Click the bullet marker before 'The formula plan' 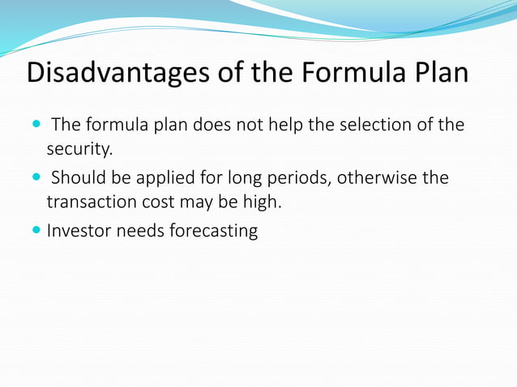[37, 125]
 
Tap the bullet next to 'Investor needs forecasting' [37, 231]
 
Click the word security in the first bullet [78, 150]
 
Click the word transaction [94, 202]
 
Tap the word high [261, 202]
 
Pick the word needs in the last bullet [140, 231]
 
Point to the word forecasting [213, 232]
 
